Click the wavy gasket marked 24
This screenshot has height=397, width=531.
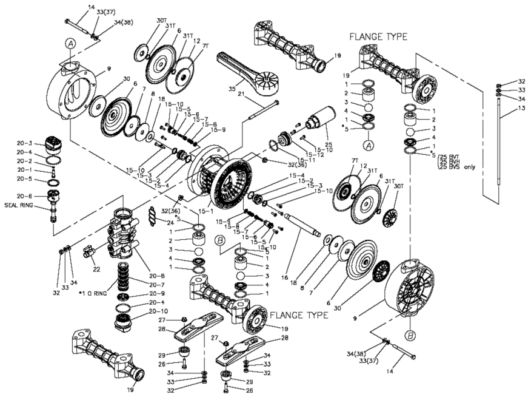click(x=152, y=214)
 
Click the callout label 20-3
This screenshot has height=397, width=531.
click(x=25, y=143)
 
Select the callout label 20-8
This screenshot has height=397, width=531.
click(x=156, y=275)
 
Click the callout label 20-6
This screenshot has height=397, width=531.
click(x=25, y=195)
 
